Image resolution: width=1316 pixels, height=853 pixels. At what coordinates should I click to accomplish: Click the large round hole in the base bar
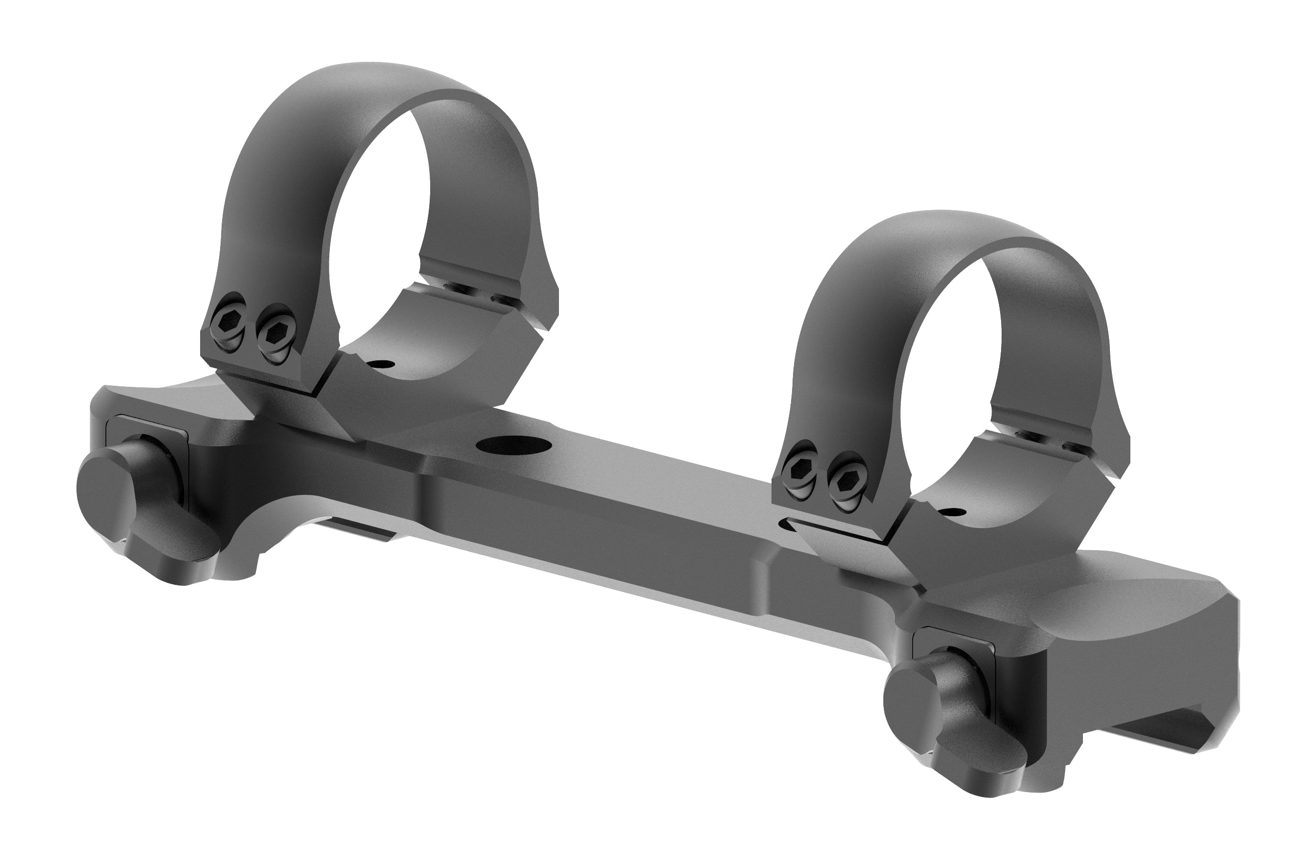click(x=511, y=444)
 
